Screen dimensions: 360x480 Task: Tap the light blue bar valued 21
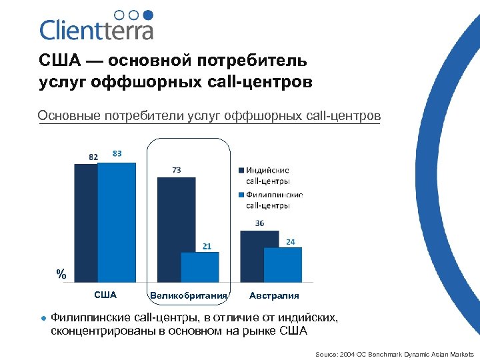coord(200,267)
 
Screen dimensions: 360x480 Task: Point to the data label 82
coord(93,157)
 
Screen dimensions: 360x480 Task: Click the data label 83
coord(117,153)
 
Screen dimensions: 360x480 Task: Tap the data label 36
coord(259,223)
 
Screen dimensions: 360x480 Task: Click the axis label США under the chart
coord(105,295)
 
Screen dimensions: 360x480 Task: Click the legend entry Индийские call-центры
coord(267,176)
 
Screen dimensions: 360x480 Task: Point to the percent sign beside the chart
coord(61,274)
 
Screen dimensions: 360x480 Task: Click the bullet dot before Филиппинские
coord(43,318)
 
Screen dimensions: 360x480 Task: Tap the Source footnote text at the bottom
coord(394,354)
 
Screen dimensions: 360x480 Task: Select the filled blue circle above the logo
coord(148,15)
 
